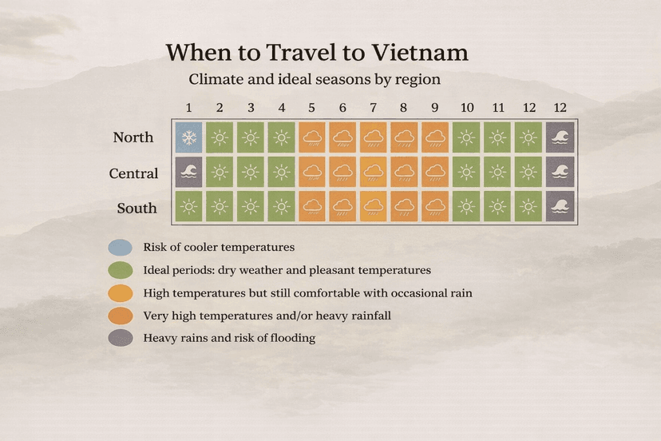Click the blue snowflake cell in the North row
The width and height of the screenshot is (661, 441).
188,137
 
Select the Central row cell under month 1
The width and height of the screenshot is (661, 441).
188,173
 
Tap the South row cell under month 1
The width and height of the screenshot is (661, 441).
188,208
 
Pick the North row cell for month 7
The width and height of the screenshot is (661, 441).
374,137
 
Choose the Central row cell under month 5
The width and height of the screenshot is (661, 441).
312,173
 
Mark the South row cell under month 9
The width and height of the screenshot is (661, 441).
435,208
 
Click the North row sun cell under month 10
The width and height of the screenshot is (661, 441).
466,137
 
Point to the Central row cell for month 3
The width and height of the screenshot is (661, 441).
251,173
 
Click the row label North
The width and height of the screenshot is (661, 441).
133,137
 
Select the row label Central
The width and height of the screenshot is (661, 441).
133,173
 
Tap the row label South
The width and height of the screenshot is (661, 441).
136,209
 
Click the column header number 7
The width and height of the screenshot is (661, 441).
374,107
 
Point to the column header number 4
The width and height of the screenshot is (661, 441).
281,107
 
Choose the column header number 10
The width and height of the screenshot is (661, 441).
467,107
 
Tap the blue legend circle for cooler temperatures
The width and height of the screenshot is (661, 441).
121,248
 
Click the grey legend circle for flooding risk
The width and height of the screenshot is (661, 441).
121,338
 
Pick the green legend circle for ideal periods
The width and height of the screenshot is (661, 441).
121,270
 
